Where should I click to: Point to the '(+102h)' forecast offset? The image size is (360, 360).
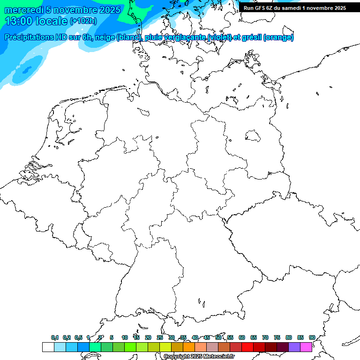(x=83, y=21)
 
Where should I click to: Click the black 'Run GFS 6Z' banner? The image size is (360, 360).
(x=294, y=7)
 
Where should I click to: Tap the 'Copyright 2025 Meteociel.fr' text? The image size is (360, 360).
(x=199, y=357)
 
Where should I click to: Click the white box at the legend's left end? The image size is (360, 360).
(x=48, y=347)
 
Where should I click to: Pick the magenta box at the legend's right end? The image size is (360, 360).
(x=306, y=347)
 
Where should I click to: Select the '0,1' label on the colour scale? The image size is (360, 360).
(x=55, y=337)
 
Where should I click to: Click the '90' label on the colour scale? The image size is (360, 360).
(x=312, y=337)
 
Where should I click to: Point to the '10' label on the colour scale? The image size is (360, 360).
(x=125, y=337)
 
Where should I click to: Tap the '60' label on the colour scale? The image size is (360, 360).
(x=242, y=337)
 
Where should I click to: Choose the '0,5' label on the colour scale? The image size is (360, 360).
(x=78, y=337)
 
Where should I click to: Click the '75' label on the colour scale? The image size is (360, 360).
(x=277, y=337)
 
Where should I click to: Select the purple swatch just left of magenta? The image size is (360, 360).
(x=294, y=347)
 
